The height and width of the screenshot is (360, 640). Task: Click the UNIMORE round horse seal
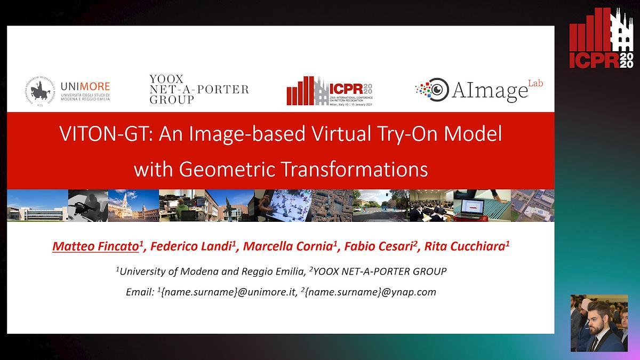point(40,91)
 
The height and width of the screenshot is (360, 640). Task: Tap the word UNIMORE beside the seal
point(85,86)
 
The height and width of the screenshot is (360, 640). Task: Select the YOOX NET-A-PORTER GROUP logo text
point(198,89)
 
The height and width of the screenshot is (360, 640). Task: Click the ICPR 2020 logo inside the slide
point(330,91)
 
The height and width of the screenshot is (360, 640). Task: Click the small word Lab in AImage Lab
point(534,83)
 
